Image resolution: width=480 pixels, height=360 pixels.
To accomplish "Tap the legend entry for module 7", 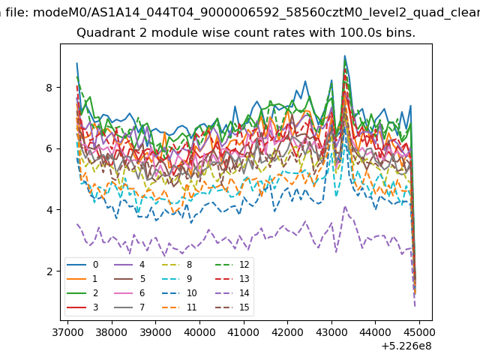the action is click(129, 307).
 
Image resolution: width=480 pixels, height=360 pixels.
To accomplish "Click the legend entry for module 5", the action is click(129, 279).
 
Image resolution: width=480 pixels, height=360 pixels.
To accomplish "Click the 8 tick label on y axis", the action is click(49, 88).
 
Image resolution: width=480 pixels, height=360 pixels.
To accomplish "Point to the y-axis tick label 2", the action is click(49, 271).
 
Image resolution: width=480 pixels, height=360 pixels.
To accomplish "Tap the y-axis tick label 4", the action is click(49, 210).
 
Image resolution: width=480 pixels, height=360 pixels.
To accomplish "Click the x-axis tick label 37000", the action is click(67, 332).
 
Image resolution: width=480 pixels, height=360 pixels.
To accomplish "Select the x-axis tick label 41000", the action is click(244, 332).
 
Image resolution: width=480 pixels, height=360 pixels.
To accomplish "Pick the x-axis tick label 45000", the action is click(419, 332).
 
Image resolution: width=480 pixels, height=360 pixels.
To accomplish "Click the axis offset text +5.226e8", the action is click(406, 346).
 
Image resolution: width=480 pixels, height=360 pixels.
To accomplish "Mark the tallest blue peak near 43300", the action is click(345, 55).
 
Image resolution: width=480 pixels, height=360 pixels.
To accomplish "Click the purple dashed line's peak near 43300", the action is click(345, 207).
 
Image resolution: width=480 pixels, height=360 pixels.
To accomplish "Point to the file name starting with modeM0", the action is click(256, 13).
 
